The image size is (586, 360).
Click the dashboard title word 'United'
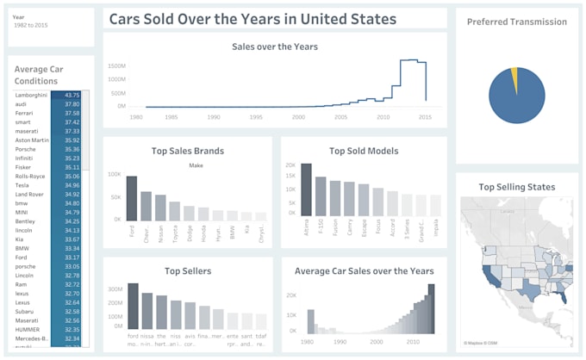345,19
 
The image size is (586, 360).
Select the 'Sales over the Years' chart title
275,47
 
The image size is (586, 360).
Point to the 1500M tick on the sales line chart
116,65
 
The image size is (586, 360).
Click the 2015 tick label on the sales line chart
426,116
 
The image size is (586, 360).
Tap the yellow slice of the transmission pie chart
514,80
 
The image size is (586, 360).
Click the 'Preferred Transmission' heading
517,22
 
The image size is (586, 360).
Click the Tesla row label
22,185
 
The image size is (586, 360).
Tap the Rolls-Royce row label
30,176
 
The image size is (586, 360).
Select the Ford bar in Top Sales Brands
132,199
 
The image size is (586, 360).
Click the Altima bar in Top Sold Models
306,189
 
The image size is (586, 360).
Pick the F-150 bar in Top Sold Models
321,196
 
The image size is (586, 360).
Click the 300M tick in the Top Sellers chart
115,289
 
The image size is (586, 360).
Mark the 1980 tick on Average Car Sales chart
306,340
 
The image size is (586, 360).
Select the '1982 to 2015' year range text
30,26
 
